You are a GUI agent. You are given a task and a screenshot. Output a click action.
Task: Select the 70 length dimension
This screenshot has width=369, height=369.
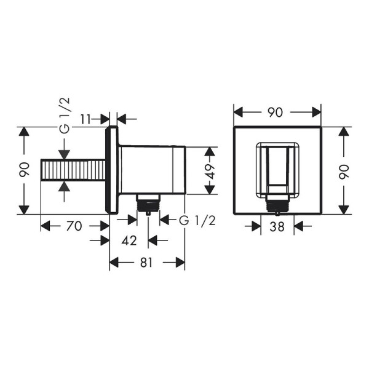74,226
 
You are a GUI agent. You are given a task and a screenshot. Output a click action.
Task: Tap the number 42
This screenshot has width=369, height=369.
129,240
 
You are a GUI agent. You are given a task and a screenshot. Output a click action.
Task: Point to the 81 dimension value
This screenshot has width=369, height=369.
146,263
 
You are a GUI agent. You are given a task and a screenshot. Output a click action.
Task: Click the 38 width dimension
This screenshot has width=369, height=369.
277,226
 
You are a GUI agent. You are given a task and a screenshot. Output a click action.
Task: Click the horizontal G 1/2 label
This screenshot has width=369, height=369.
196,221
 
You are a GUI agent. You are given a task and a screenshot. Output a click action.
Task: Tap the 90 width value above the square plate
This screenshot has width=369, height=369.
276,112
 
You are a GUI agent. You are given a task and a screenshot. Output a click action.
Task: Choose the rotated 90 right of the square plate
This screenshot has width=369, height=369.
344,170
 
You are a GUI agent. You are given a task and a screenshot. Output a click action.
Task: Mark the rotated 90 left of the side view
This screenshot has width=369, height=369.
24,170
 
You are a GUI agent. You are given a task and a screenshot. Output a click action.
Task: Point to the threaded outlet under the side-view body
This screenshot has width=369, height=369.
148,202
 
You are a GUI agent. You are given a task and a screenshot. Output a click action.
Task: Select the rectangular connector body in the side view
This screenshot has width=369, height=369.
152,169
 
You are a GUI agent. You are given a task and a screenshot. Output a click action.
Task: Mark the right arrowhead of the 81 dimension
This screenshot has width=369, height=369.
180,263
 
